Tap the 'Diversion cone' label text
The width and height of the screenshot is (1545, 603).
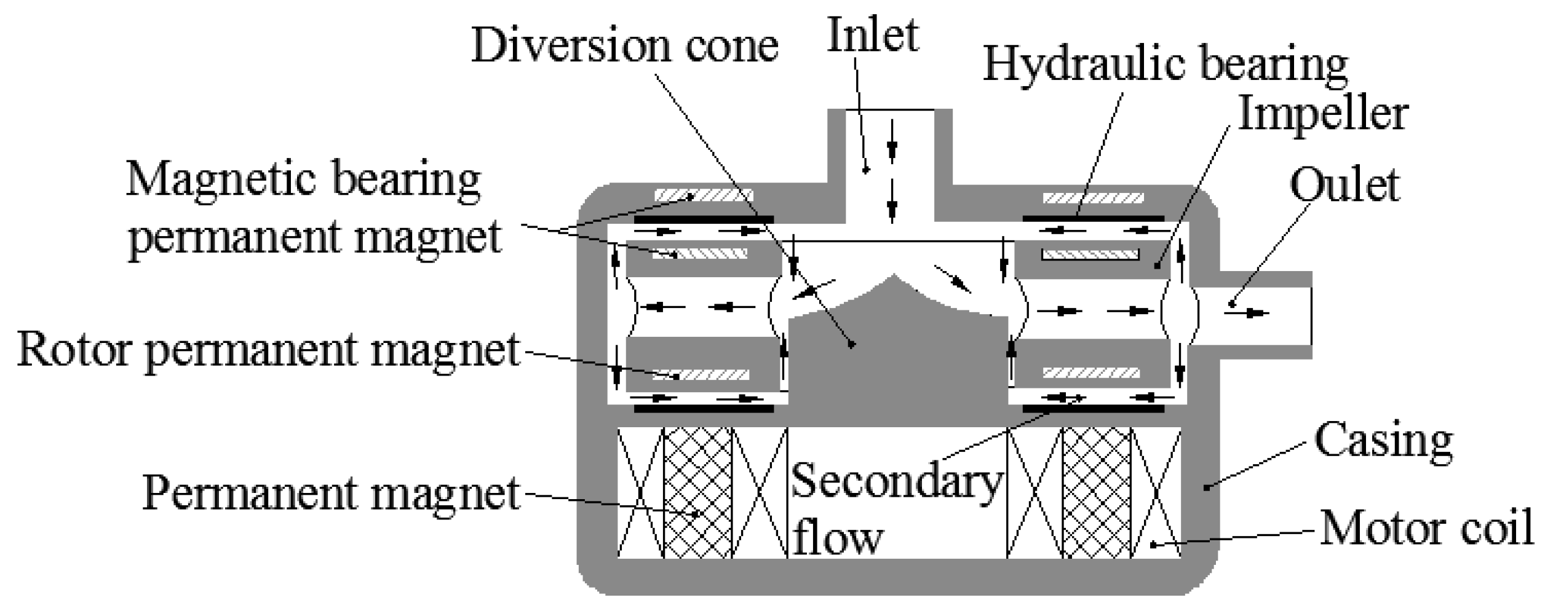coord(624,46)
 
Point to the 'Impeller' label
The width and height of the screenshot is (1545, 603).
coord(1322,116)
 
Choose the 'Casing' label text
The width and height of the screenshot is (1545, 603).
coord(1383,441)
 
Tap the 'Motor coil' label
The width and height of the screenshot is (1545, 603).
coord(1426,529)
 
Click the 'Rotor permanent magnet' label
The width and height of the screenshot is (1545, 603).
coord(269,350)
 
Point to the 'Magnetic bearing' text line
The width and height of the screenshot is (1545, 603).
coord(303,180)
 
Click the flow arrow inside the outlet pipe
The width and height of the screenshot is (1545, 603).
coord(1255,313)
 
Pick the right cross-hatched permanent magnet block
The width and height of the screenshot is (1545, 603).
coord(1096,493)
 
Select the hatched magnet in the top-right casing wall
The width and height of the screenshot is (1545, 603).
coord(1093,198)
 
